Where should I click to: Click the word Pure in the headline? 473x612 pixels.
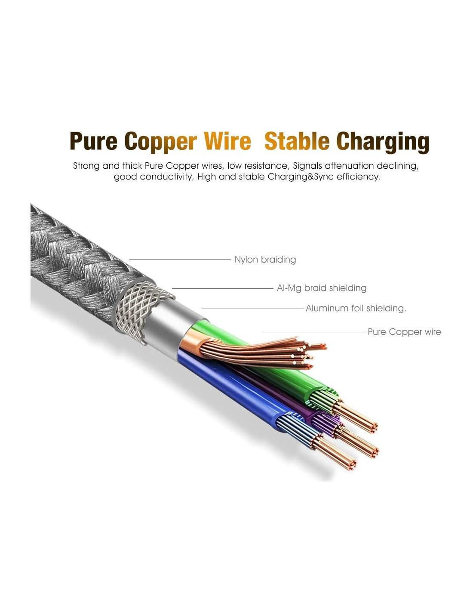(93, 142)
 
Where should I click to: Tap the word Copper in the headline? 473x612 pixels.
(161, 142)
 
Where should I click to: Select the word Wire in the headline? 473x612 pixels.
(227, 142)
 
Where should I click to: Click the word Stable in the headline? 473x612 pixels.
(297, 142)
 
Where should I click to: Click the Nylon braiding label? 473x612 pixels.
(265, 260)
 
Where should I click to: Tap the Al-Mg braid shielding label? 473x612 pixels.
(322, 288)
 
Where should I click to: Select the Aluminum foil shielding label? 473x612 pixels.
(356, 308)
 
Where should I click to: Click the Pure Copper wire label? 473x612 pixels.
(404, 332)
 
